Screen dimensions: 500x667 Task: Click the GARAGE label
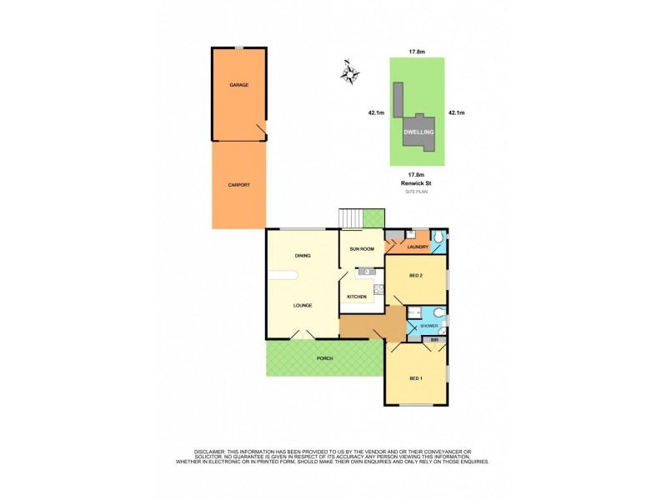coord(238,85)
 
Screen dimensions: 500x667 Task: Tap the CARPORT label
coord(238,184)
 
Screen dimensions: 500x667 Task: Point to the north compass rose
coord(350,72)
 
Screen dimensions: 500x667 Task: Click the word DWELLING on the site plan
coord(417,132)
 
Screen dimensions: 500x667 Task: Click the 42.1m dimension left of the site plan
coord(376,112)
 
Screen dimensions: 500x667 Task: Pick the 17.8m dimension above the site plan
coord(417,52)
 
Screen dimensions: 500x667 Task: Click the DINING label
coord(302,256)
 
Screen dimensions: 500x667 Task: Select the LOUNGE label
coord(302,305)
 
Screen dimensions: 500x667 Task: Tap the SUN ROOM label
coord(360,249)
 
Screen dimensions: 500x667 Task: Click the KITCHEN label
coord(357,297)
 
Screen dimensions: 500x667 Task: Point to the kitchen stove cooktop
coord(378,292)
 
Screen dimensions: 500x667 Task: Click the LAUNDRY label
coord(418,247)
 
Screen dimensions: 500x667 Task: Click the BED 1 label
coord(415,378)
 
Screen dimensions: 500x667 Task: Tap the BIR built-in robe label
coord(434,340)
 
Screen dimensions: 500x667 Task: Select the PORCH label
coord(324,358)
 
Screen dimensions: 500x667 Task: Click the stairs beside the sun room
coord(350,218)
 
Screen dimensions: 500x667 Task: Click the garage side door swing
coord(261,128)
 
